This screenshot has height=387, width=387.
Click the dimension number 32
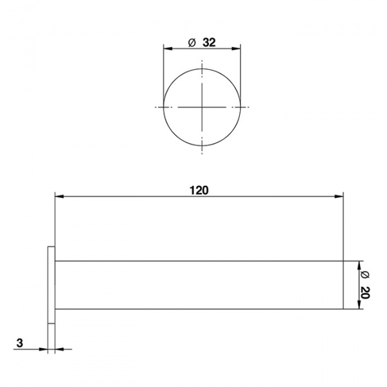[x=209, y=43]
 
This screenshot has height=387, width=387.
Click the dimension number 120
[x=199, y=190]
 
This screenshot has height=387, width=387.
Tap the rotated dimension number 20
[x=365, y=293]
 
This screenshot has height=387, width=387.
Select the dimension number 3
[x=19, y=343]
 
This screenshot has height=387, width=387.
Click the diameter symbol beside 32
[x=192, y=43]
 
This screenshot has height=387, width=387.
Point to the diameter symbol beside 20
[x=365, y=275]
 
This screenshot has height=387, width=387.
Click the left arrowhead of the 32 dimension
[x=168, y=48]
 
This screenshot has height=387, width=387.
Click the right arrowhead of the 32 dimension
[x=236, y=48]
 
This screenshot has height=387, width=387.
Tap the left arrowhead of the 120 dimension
[x=59, y=197]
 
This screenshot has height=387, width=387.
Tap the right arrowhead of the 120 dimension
[x=339, y=197]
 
